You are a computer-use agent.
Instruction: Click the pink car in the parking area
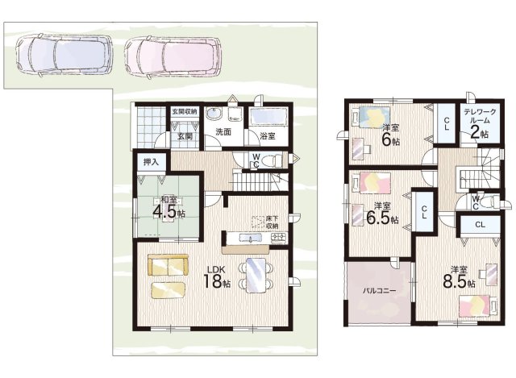pos(173,56)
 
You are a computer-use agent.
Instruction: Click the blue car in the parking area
pos(64,56)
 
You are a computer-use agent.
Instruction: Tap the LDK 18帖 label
pos(216,277)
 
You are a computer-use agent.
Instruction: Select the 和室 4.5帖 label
pos(169,208)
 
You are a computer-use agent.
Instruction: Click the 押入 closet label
pos(151,162)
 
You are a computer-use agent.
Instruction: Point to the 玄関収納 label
pos(185,111)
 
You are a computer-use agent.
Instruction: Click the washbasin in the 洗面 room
pos(214,114)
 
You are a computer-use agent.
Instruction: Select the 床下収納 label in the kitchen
pos(273,222)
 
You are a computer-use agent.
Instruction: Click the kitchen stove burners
pos(279,237)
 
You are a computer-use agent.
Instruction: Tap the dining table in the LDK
pos(256,275)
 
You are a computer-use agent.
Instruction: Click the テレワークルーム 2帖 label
pos(480,123)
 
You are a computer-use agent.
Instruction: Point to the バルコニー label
pos(379,291)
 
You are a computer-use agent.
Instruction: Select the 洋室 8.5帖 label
pos(459,276)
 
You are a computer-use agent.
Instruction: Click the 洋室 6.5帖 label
pos(382,213)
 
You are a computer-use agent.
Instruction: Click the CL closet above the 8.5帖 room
pos(480,225)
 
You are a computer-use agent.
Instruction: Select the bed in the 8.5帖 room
pos(478,306)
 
